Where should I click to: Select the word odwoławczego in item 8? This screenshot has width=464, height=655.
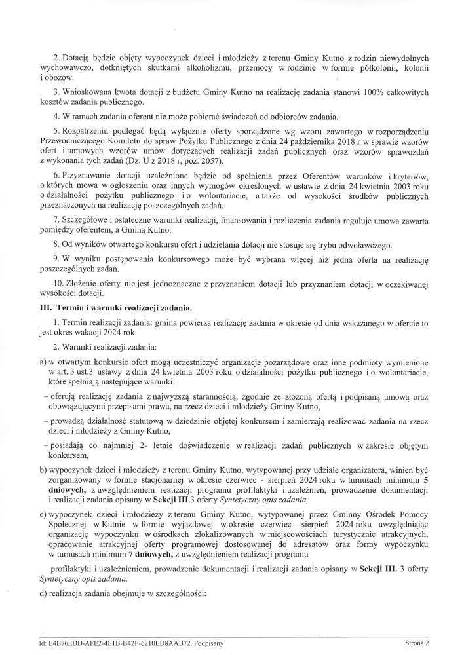(363, 245)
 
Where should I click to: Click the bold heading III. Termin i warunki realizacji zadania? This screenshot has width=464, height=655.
(116, 307)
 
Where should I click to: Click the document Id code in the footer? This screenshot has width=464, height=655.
(109, 643)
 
